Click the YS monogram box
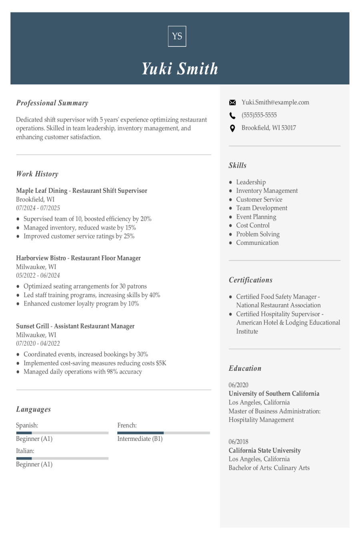coord(177,36)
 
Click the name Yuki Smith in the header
coord(180,69)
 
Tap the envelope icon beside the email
coord(232,103)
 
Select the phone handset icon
coord(232,116)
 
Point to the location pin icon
coord(232,128)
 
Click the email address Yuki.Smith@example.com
coord(275,102)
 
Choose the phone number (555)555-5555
coord(259,115)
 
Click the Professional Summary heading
coord(52,103)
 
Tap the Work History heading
coord(37,174)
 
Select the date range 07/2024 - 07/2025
coord(38,208)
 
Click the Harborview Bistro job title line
coord(78,258)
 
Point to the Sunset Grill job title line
coord(75,326)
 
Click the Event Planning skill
coord(256,217)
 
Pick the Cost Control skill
coord(253,226)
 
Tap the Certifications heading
coord(250,280)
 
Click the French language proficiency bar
coord(163,433)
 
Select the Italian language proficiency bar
coord(62,458)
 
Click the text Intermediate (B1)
coord(140,439)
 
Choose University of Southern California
coord(274,394)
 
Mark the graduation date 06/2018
coord(238,442)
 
